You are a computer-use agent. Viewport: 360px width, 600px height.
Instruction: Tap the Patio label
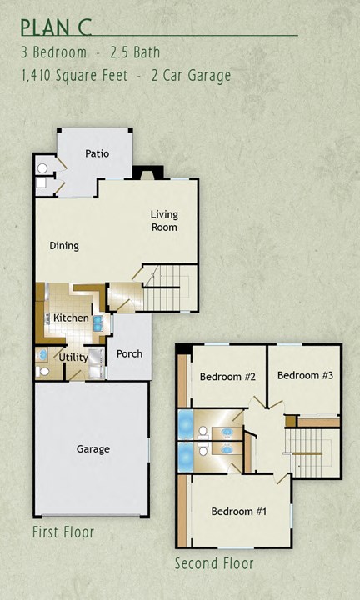[x=97, y=153]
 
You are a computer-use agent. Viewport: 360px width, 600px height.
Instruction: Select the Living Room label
[x=164, y=221]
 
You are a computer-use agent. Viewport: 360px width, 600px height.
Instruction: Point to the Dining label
[x=64, y=246]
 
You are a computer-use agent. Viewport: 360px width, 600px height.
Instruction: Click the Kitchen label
[x=71, y=318]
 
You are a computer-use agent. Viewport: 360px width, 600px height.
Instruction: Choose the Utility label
[x=73, y=357]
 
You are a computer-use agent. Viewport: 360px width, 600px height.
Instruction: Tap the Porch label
[x=129, y=353]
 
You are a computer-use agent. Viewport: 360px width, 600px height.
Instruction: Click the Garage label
[x=93, y=449]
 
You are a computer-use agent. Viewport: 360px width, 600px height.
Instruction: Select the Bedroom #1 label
[x=238, y=511]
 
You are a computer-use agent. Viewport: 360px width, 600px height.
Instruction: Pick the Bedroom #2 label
[x=227, y=377]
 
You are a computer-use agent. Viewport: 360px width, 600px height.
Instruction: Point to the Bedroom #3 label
[x=305, y=376]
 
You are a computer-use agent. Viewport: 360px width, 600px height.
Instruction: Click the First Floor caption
[x=62, y=532]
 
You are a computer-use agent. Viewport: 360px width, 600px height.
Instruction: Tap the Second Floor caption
[x=214, y=563]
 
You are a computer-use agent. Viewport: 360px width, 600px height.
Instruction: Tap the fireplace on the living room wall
[x=142, y=172]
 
